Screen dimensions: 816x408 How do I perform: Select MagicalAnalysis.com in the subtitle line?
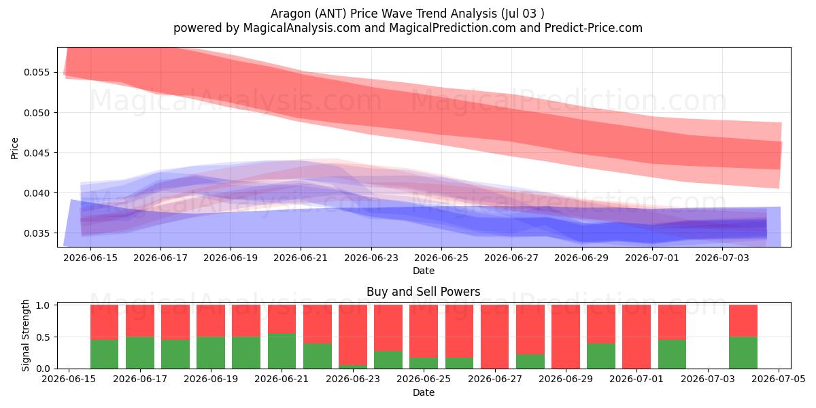[x=302, y=28]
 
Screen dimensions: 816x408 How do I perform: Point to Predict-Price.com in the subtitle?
[x=594, y=28]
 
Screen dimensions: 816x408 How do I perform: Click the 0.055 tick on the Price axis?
[x=37, y=73]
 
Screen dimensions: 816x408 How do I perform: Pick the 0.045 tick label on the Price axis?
[x=37, y=153]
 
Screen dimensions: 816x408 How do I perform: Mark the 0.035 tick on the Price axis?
[x=37, y=233]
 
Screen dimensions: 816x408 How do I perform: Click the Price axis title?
[x=14, y=148]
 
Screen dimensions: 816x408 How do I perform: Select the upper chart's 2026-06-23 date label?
[x=371, y=258]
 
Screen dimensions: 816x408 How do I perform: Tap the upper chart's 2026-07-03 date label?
[x=722, y=258]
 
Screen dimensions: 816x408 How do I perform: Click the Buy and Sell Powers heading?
[x=423, y=292]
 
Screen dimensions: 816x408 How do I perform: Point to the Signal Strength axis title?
[x=25, y=335]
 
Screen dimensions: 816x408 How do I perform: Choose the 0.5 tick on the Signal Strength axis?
[x=43, y=337]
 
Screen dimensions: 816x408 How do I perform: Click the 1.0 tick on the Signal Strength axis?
[x=43, y=305]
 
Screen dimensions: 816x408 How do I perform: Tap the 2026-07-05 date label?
[x=779, y=379]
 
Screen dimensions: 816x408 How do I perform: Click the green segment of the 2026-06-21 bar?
[x=282, y=351]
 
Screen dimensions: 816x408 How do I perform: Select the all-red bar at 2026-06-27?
[x=495, y=337]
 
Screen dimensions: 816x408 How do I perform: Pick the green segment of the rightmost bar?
[x=743, y=353]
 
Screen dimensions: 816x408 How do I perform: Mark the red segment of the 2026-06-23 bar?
[x=353, y=335]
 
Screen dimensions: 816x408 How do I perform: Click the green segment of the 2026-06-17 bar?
[x=140, y=353]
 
